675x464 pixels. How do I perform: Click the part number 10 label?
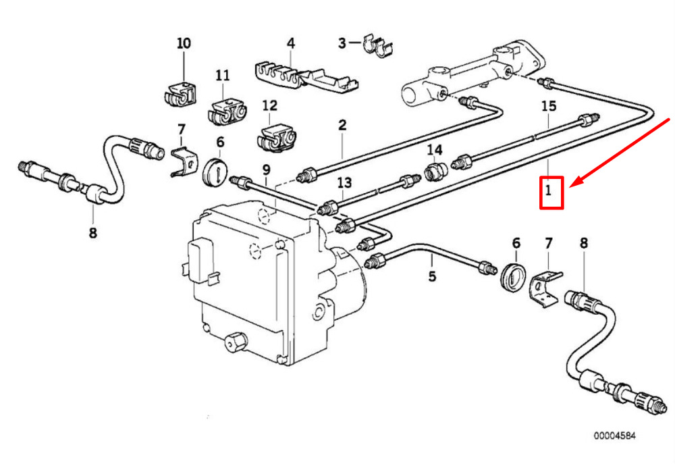[x=184, y=43]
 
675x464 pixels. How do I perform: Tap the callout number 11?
[x=223, y=76]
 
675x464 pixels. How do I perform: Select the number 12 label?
[x=269, y=105]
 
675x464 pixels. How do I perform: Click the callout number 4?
[x=291, y=43]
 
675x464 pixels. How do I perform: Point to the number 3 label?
[x=342, y=43]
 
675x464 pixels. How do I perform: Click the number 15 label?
[x=548, y=106]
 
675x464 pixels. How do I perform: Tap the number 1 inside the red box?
[x=548, y=190]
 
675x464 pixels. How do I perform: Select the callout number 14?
[x=434, y=150]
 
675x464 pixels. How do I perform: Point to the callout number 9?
[x=266, y=170]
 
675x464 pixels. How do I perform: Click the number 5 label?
[x=432, y=276]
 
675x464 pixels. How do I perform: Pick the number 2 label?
[x=342, y=125]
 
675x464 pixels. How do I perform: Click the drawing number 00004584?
[x=615, y=436]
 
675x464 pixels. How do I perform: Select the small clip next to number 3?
[x=377, y=45]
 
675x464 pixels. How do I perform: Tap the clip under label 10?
[x=180, y=95]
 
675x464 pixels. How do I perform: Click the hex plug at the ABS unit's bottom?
[x=236, y=342]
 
